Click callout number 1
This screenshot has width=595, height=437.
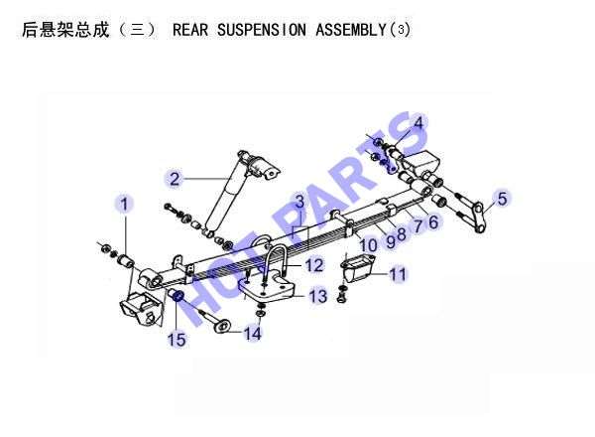point(124,204)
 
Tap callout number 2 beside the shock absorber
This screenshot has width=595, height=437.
point(175,179)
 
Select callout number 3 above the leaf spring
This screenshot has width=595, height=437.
point(300,202)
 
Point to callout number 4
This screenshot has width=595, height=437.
point(417,123)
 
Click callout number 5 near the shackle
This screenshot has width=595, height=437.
point(502,199)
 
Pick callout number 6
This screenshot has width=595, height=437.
point(433,222)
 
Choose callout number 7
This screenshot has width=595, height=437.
point(417,226)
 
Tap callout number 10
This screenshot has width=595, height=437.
point(368,245)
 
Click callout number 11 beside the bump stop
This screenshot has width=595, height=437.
point(398,274)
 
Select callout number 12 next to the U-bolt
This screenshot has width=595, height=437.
point(314,265)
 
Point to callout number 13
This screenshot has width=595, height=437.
point(318,296)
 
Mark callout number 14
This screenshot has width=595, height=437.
point(252,334)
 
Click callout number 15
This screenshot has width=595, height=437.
point(177,340)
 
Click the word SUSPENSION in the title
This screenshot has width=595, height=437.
point(262,30)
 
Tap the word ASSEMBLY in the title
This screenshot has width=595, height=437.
point(351,30)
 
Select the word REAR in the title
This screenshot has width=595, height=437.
point(190,30)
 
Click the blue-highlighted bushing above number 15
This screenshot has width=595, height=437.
point(178,295)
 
